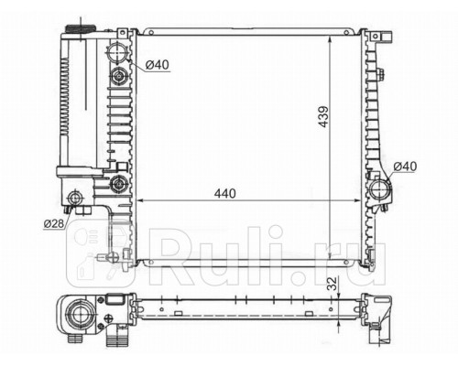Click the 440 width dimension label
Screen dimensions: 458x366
(225, 193)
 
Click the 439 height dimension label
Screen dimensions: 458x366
(323, 116)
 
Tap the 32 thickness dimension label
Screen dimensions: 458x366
(333, 284)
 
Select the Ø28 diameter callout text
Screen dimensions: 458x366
(54, 224)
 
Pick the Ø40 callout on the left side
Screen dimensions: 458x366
(157, 65)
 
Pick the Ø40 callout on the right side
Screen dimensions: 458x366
(405, 167)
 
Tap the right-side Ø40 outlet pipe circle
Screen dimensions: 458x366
(379, 189)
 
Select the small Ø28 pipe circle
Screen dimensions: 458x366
(74, 199)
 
